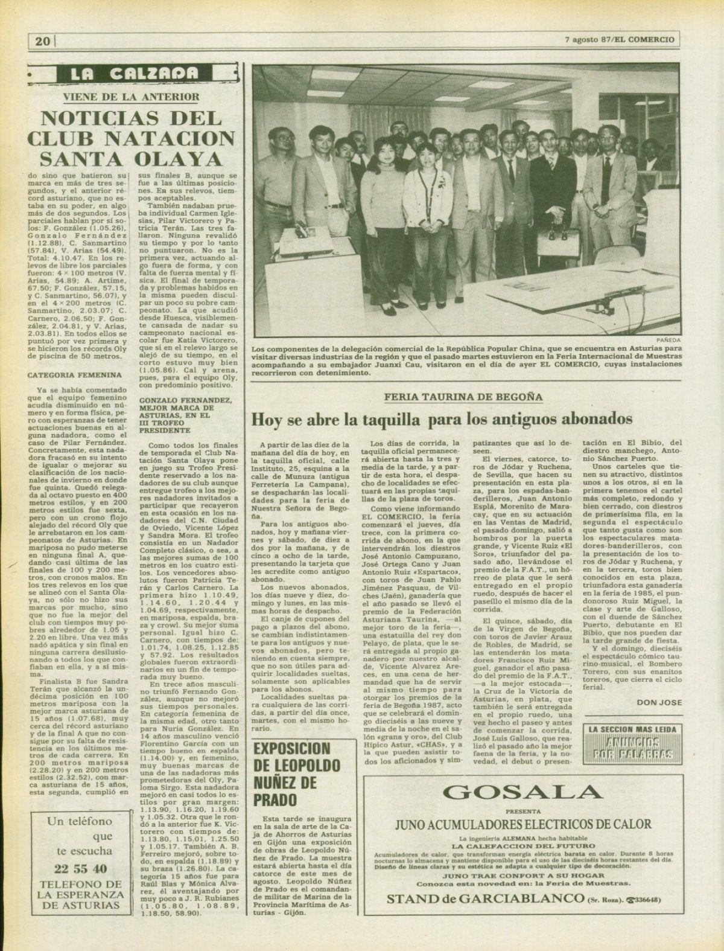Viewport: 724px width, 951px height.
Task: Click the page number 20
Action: pyautogui.click(x=42, y=41)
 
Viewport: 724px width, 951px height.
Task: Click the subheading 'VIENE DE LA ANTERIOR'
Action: pyautogui.click(x=131, y=96)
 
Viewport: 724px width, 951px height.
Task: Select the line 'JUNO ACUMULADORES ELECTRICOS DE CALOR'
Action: pyautogui.click(x=522, y=824)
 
